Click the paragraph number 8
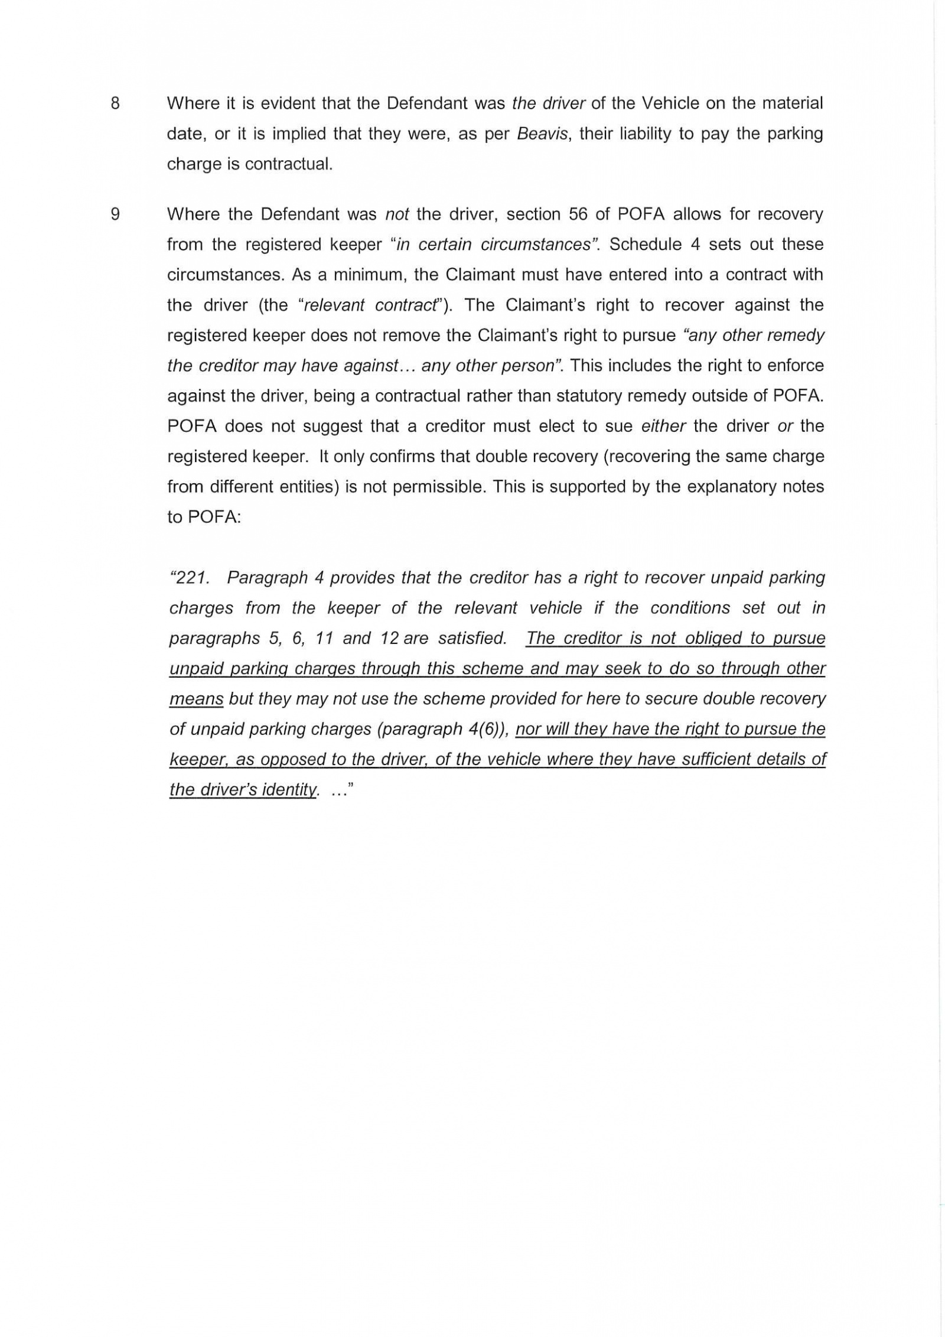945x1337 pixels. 115,103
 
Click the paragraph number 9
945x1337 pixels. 115,214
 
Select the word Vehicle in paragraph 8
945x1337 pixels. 670,103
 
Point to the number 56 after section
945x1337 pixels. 578,214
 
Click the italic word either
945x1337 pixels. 663,426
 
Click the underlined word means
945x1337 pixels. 196,700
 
